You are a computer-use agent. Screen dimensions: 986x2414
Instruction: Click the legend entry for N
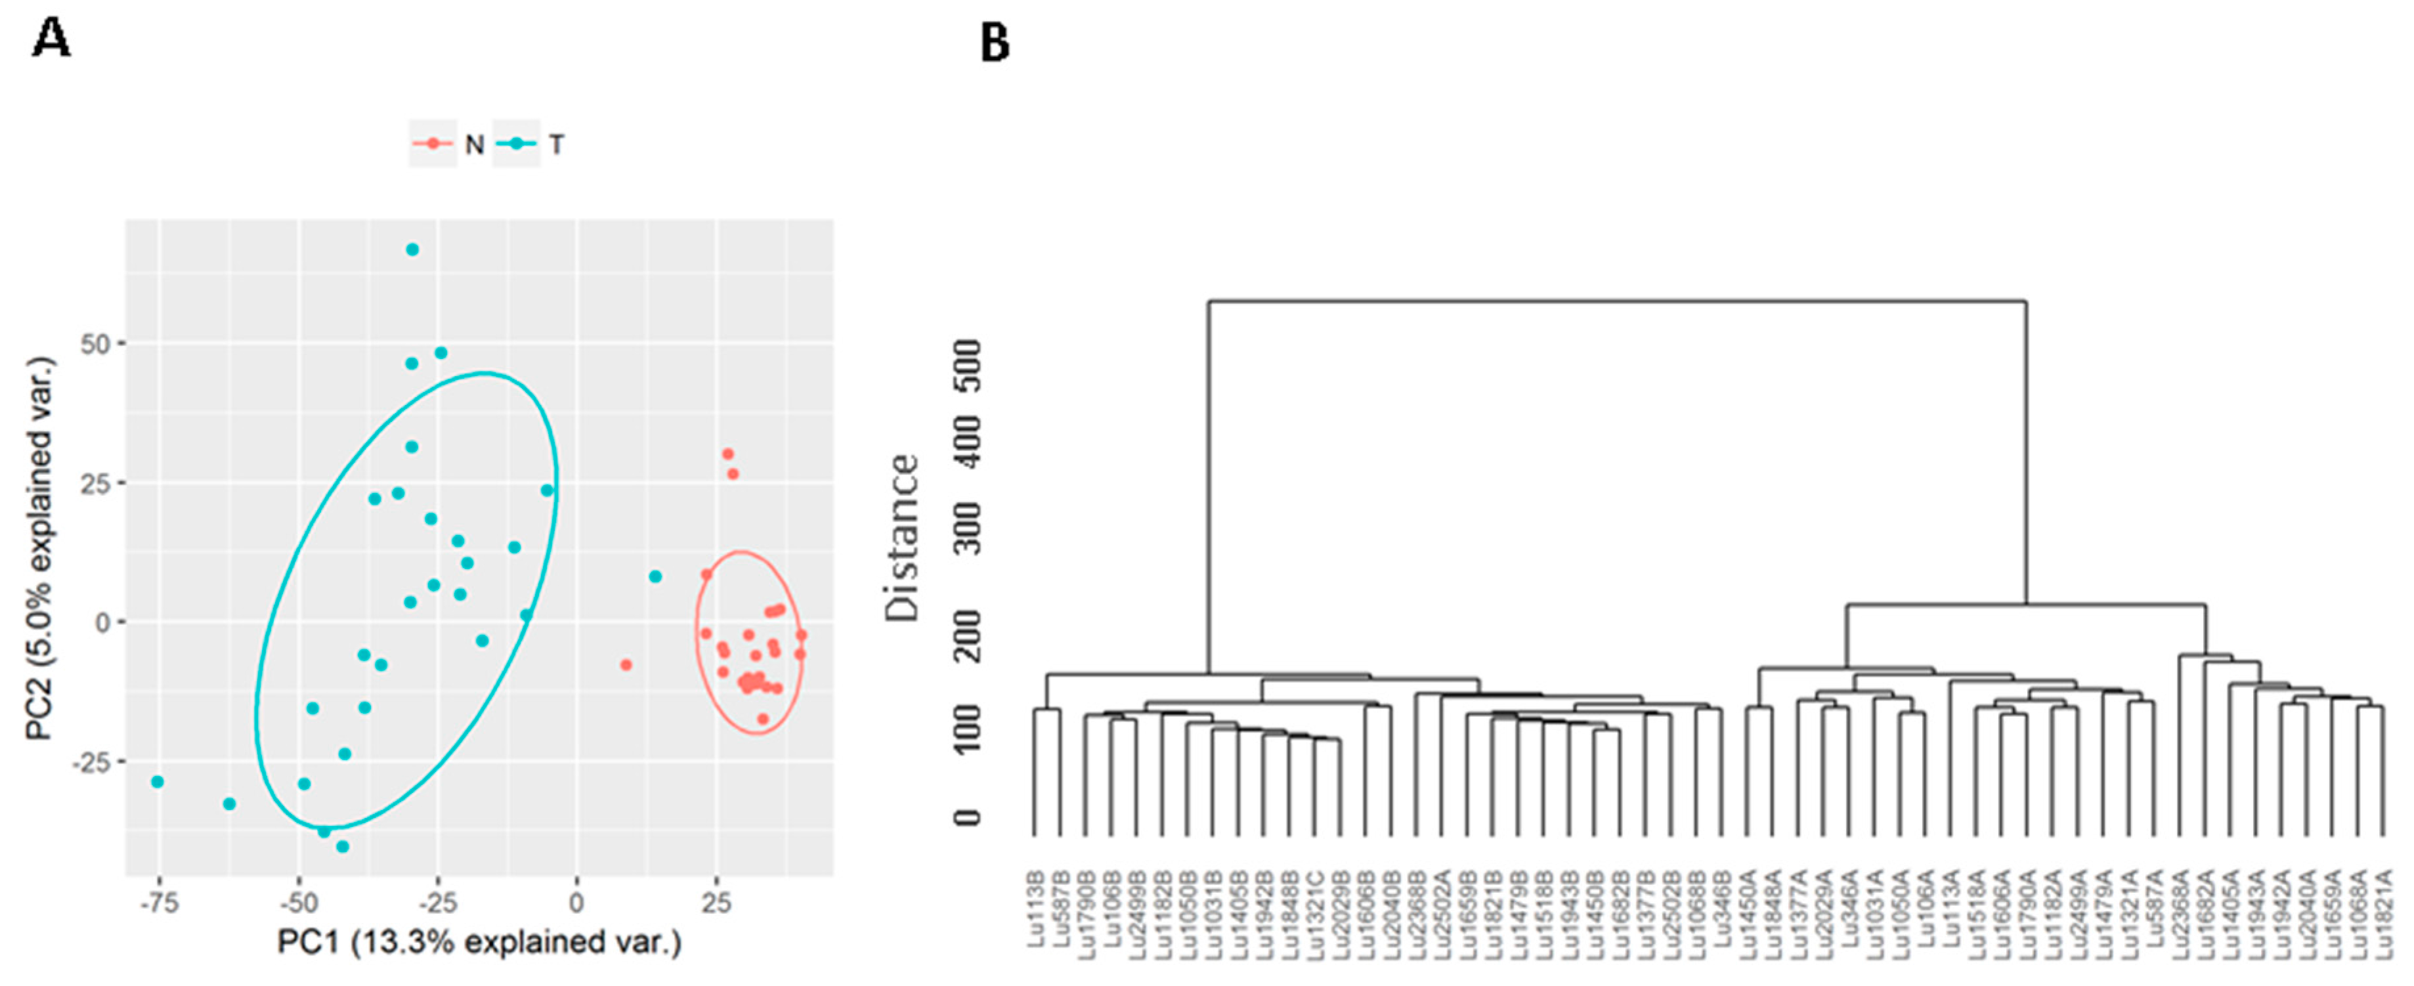pos(450,144)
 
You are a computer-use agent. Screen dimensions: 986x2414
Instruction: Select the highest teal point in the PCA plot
pos(412,249)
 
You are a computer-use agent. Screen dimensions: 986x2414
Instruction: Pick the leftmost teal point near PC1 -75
pos(158,782)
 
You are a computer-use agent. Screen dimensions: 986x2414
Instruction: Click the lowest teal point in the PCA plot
pos(343,846)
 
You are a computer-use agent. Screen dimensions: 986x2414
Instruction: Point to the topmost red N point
pos(727,454)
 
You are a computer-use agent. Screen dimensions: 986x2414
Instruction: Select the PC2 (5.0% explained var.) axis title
pos(39,548)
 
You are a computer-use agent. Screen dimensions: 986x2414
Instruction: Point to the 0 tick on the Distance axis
pos(967,817)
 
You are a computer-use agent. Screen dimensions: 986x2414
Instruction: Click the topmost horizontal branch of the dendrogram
pos(1616,302)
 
